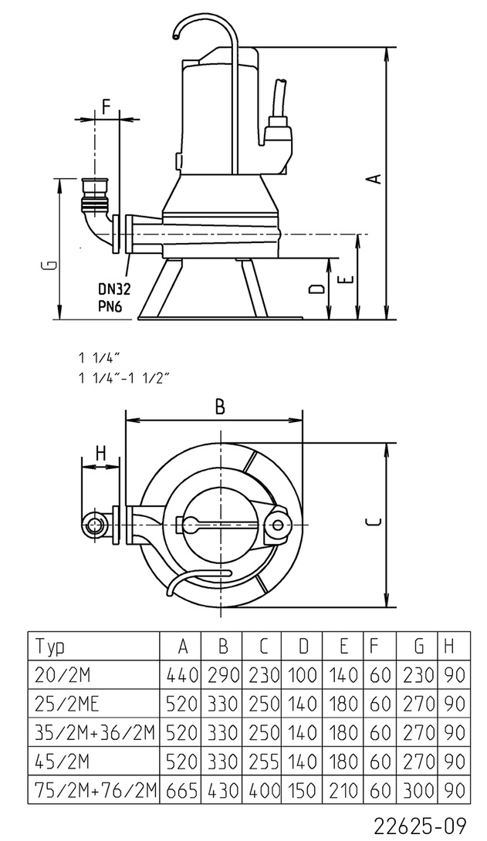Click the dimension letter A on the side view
pos(374,178)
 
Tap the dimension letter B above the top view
pos(220,407)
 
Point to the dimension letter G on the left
pos(49,266)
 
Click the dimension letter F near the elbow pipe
pos(107,104)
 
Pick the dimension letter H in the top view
pos(100,453)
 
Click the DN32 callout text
pos(113,289)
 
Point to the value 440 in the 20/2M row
pos(181,674)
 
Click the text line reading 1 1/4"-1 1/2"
pos(123,377)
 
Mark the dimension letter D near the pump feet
pos(316,289)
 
